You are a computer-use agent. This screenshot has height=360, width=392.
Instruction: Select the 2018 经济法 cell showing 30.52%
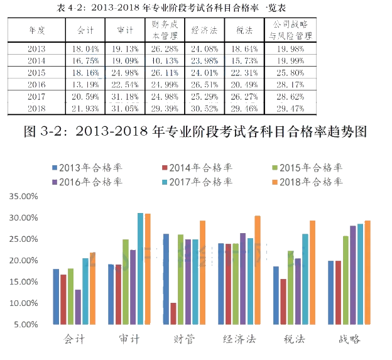tap(204, 108)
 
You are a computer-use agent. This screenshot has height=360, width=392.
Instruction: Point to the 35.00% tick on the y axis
tap(25, 196)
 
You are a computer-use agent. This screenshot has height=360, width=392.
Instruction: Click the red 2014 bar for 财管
tap(173, 314)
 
